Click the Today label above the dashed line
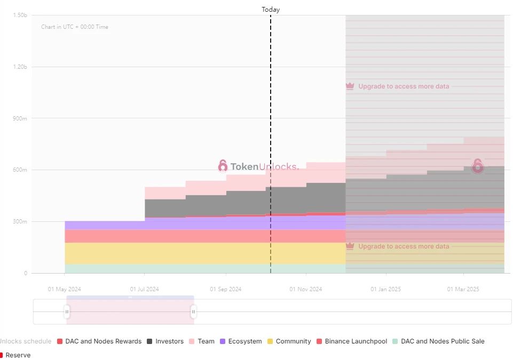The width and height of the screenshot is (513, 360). point(271,10)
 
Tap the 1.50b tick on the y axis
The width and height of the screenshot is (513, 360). point(20,15)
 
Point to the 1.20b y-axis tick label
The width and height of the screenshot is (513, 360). point(20,67)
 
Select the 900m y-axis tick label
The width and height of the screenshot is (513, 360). point(20,118)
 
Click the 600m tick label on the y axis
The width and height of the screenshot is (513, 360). point(20,170)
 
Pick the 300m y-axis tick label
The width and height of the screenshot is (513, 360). point(20,222)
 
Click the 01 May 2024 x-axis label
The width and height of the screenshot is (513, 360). point(65,290)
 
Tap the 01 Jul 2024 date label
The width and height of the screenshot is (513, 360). point(145,290)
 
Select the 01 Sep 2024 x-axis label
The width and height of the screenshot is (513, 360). point(226,290)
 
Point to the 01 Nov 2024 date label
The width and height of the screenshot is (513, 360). point(306,290)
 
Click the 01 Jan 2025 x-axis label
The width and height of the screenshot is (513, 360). point(386,290)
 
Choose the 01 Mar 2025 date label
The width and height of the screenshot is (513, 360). point(464,290)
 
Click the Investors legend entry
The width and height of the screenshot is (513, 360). point(165,341)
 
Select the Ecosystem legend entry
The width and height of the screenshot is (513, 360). point(241,341)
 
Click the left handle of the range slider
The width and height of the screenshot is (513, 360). point(67,311)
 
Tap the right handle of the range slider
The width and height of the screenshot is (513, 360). point(193,311)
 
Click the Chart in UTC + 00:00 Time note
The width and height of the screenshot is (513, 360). point(75,27)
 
